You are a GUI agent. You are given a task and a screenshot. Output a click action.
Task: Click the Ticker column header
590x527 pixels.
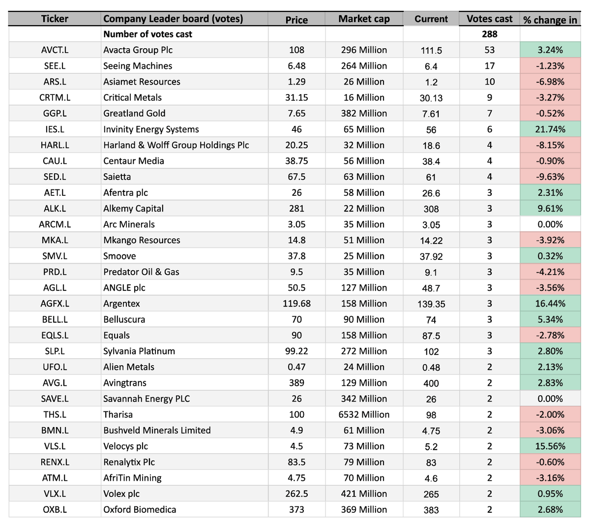tap(55, 19)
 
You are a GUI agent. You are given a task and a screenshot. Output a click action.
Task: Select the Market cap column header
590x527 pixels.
tap(364, 19)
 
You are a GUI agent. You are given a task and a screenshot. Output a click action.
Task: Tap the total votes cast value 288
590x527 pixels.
tap(489, 34)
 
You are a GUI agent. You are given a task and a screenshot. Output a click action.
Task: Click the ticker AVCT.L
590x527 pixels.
tap(55, 50)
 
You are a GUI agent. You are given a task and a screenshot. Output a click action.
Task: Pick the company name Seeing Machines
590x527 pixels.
tap(138, 66)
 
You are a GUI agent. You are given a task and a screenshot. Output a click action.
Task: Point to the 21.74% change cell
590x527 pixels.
tap(550, 129)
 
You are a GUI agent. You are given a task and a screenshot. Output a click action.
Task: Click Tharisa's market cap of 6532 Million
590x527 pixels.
tap(364, 414)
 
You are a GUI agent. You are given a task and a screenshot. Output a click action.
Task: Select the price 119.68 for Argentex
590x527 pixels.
tap(296, 304)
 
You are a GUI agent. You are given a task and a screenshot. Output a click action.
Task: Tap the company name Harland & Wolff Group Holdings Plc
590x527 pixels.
tap(176, 145)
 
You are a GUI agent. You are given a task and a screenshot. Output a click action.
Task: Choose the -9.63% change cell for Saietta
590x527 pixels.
tap(550, 177)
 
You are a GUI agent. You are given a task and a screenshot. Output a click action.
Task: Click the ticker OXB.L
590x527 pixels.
tap(55, 509)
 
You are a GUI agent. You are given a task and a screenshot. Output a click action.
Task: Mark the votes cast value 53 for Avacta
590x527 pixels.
tap(489, 50)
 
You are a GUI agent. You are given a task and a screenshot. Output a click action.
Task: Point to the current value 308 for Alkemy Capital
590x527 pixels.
tap(431, 209)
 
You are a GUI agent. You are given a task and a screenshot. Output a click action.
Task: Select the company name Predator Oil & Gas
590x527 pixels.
tap(141, 272)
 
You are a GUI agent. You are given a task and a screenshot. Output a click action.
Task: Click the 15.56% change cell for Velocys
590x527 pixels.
tap(550, 446)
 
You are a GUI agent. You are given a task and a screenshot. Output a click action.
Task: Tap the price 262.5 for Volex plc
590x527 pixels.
tap(296, 494)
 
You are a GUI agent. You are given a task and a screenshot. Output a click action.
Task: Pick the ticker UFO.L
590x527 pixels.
tap(55, 367)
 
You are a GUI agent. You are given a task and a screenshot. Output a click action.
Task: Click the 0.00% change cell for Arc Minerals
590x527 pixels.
tap(550, 224)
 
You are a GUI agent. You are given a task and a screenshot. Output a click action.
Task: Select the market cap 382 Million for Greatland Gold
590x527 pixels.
tap(364, 113)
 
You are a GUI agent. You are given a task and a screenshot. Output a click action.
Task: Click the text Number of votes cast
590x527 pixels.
tap(147, 34)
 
